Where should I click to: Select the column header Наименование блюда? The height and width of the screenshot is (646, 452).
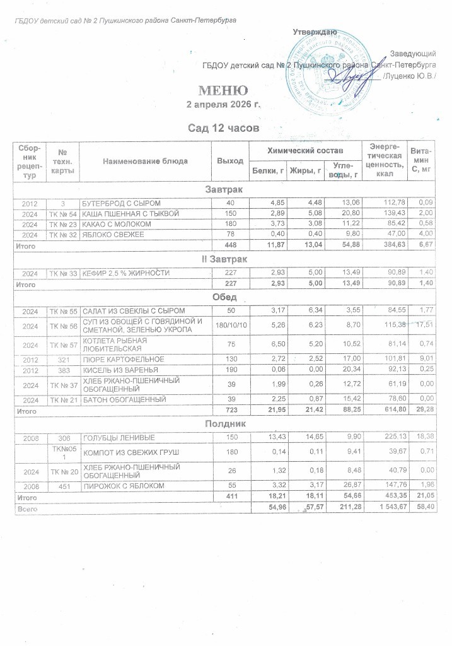click(146, 161)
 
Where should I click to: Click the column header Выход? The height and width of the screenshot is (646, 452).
click(230, 161)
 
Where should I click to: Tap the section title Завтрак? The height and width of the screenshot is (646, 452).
click(224, 189)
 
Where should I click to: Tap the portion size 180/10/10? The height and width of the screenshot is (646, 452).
click(230, 324)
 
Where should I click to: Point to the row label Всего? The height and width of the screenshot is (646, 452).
click(26, 508)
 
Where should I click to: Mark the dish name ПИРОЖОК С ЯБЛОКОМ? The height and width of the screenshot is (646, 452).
click(122, 486)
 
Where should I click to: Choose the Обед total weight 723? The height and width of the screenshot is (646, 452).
click(230, 411)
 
